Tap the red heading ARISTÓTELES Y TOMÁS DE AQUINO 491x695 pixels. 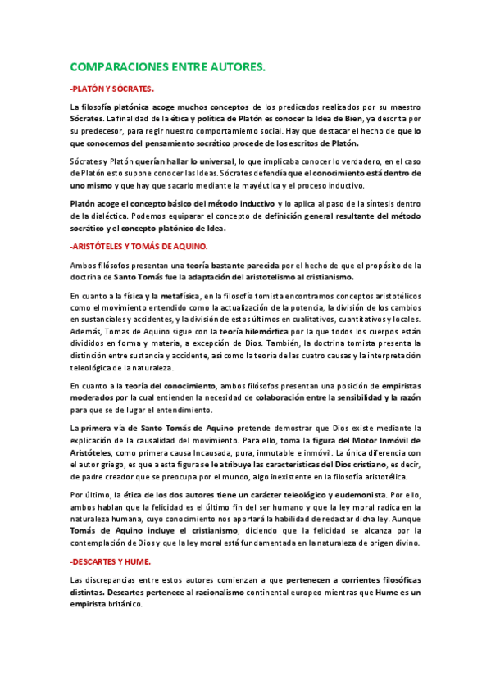pyautogui.click(x=139, y=246)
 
